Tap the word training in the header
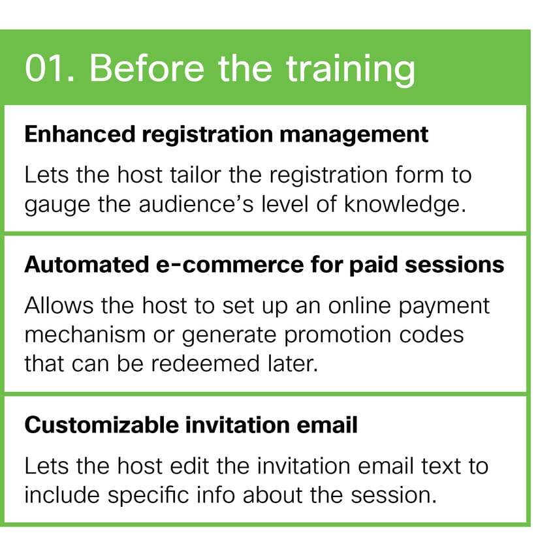tap(351, 70)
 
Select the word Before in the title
tap(147, 68)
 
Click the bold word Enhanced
tap(80, 134)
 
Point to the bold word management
tap(354, 136)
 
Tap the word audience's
tap(196, 204)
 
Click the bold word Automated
tap(87, 265)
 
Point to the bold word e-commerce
tap(230, 265)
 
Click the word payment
tap(443, 307)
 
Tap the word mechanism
tap(85, 335)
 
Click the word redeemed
tap(206, 363)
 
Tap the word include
tap(62, 495)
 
